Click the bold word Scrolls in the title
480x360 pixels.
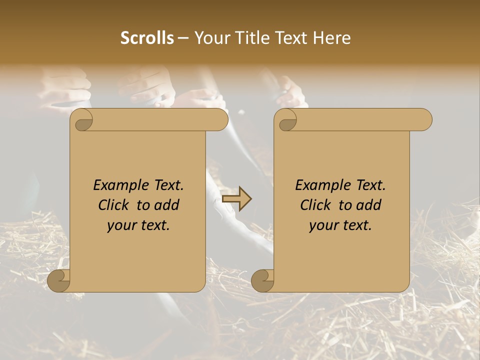(x=147, y=38)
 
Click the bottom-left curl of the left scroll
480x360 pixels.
(x=59, y=281)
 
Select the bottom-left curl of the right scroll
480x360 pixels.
(x=263, y=281)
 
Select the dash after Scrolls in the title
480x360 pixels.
(x=183, y=38)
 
